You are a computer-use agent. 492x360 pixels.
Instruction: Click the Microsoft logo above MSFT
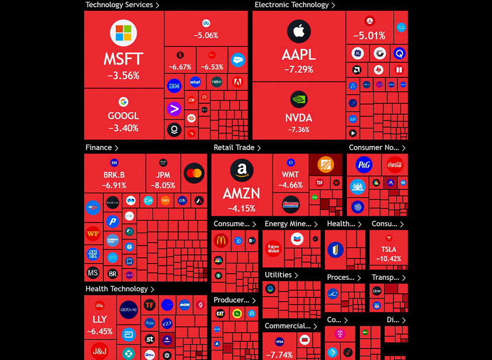click(123, 33)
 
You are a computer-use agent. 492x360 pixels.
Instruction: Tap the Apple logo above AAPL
click(299, 32)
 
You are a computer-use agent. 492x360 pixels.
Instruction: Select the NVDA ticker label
click(299, 118)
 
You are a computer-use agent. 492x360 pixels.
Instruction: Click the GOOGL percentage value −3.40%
click(123, 128)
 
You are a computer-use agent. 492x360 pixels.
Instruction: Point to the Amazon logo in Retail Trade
click(242, 170)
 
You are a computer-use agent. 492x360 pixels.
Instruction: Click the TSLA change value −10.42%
click(389, 259)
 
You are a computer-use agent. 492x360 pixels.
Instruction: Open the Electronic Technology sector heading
click(292, 5)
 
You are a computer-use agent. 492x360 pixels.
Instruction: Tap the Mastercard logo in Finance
click(194, 173)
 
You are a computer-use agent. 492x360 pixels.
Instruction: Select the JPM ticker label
click(163, 175)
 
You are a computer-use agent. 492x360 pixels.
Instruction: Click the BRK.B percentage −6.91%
click(114, 185)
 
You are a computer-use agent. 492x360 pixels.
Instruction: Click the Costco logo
click(291, 204)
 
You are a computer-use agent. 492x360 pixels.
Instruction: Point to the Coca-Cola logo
click(395, 165)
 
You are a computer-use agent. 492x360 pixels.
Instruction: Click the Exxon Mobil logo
click(273, 249)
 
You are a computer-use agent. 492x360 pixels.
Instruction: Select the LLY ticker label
click(99, 319)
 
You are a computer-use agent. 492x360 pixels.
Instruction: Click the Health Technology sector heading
click(117, 289)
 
